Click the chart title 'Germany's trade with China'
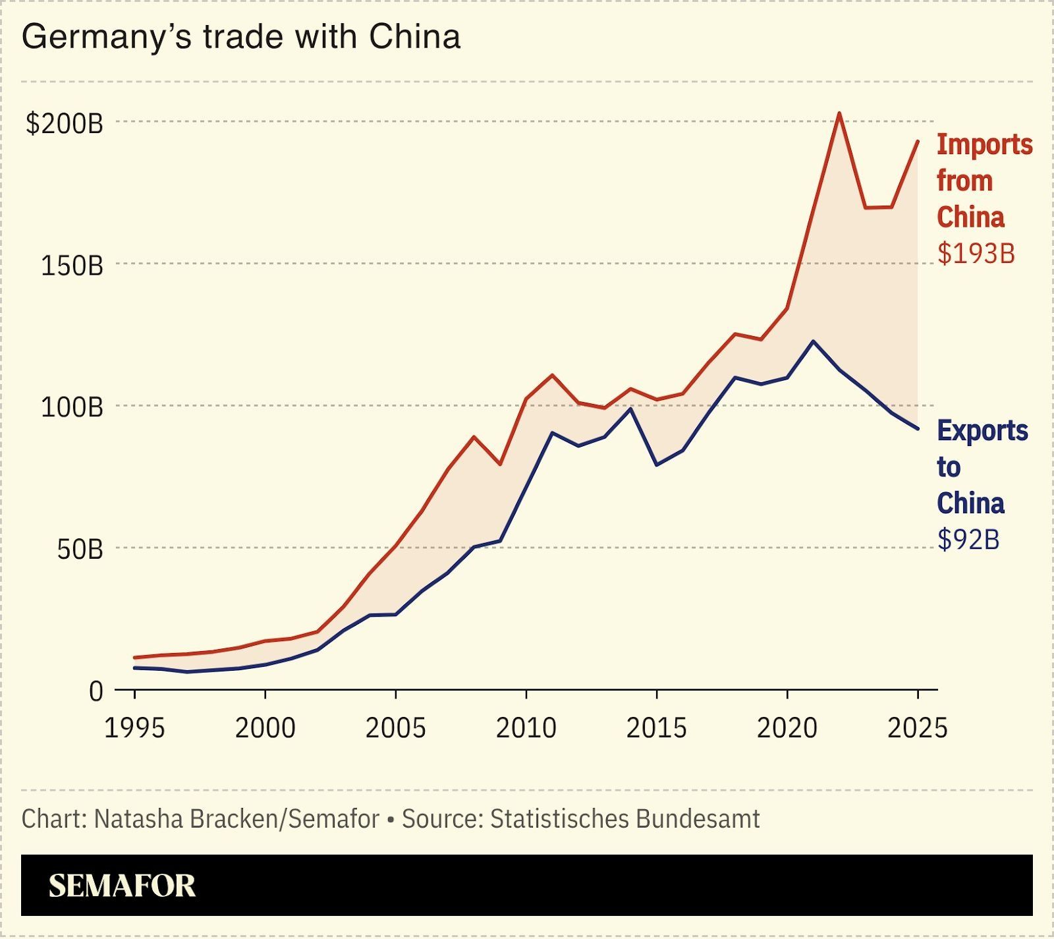click(x=240, y=37)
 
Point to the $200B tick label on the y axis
click(x=65, y=123)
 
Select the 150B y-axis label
click(x=72, y=266)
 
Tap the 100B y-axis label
click(x=72, y=407)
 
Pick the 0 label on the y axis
click(x=96, y=691)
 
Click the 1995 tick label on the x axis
click(x=135, y=727)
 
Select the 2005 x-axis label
click(x=396, y=727)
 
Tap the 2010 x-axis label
click(x=526, y=727)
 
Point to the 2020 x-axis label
click(x=787, y=727)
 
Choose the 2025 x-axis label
click(x=917, y=727)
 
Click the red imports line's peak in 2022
click(x=839, y=113)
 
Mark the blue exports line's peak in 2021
click(x=813, y=341)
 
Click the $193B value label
click(x=976, y=254)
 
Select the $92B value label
click(x=968, y=540)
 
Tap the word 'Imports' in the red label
click(x=984, y=145)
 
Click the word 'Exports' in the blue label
click(x=982, y=431)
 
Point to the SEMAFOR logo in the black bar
click(x=122, y=886)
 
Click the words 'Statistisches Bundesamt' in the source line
click(x=624, y=819)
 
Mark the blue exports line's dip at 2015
click(x=656, y=465)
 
